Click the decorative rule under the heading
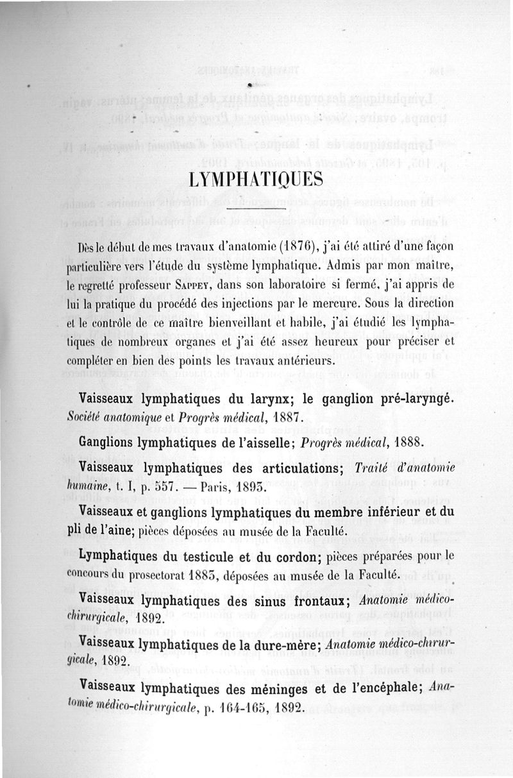point(256,210)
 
